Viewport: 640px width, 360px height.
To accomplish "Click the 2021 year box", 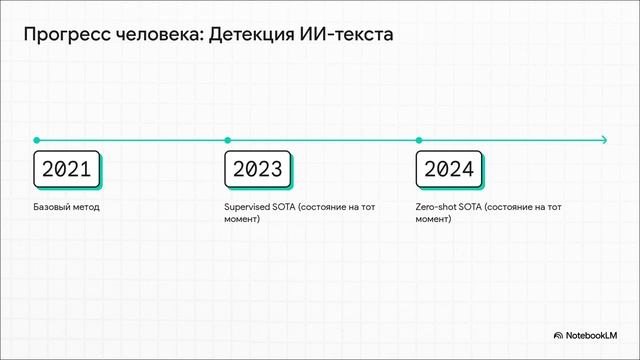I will [x=66, y=168].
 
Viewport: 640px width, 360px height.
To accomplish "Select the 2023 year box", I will [x=257, y=168].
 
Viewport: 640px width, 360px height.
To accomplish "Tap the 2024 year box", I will [x=448, y=168].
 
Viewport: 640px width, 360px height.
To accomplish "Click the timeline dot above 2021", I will [x=36, y=140].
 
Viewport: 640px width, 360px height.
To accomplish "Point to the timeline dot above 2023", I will [x=228, y=140].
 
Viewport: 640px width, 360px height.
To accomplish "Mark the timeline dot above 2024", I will [x=419, y=140].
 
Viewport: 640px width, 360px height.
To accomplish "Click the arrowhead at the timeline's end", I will [x=603, y=140].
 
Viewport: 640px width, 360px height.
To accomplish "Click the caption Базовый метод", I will [x=67, y=207].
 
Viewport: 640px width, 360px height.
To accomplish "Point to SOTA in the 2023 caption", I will [x=288, y=207].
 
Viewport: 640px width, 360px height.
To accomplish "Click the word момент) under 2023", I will [x=243, y=219].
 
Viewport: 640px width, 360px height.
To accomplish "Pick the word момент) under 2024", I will [x=434, y=219].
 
